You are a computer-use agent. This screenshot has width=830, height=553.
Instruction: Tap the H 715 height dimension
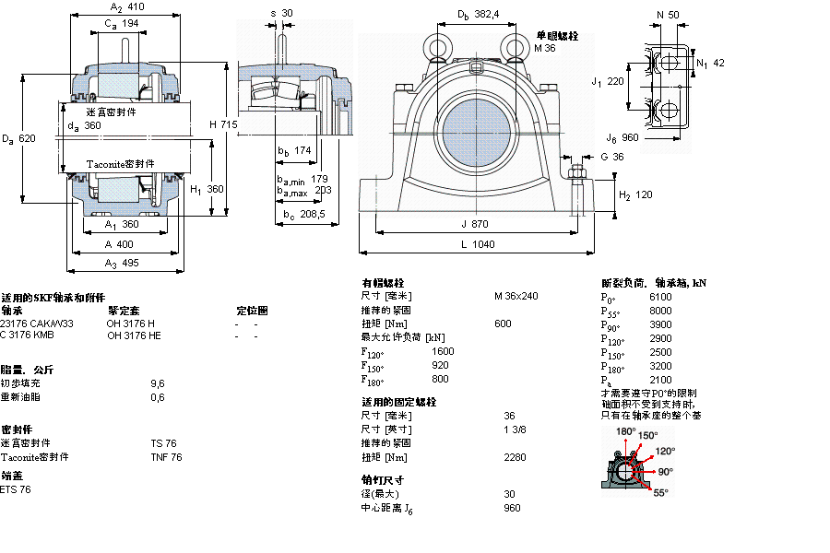(223, 124)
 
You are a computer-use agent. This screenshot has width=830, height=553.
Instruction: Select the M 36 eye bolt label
(545, 47)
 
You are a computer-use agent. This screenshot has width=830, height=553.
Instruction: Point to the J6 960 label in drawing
(623, 138)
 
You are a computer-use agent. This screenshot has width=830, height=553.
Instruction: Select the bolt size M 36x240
(516, 297)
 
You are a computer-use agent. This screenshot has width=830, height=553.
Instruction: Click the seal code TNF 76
(166, 457)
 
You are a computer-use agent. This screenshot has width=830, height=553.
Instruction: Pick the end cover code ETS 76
(16, 489)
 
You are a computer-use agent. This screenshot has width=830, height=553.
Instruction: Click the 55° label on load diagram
(660, 493)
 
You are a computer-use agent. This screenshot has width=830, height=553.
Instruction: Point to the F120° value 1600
(443, 351)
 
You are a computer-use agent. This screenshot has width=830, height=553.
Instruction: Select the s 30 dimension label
(280, 13)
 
